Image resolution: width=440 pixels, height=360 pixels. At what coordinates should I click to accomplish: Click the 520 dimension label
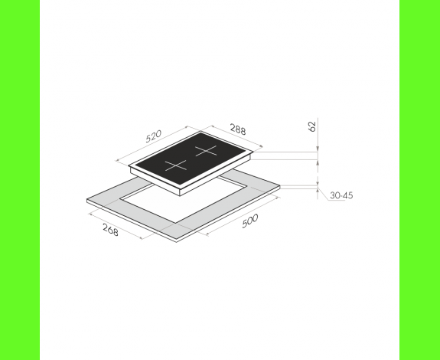154,136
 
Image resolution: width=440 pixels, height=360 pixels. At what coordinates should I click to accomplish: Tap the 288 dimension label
238,129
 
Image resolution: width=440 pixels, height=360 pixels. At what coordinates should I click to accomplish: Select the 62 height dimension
312,126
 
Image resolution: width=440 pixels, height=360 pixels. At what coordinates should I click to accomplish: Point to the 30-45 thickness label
341,195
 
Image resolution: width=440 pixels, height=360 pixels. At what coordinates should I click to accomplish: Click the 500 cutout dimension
249,221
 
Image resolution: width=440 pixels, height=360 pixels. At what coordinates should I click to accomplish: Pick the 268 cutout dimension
110,230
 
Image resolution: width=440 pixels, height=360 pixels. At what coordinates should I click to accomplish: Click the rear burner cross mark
207,151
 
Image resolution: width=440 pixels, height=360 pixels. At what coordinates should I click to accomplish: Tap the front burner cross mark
176,165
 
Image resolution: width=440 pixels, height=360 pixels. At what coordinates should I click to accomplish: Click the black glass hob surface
191,159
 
